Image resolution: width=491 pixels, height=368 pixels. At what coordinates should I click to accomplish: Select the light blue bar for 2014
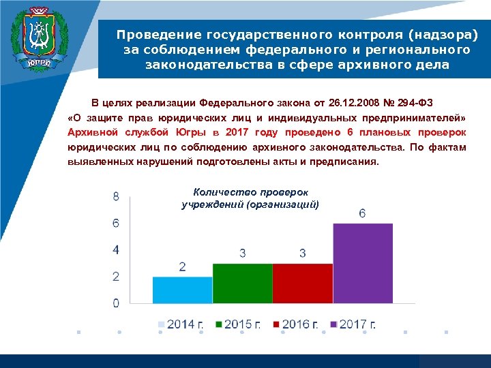(x=182, y=290)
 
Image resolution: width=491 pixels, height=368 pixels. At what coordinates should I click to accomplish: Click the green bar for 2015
(x=242, y=283)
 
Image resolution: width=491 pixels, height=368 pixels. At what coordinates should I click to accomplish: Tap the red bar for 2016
(x=302, y=283)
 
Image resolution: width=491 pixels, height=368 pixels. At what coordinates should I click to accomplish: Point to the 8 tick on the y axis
(x=116, y=196)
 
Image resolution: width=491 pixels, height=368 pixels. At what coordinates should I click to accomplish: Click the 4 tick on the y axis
(x=116, y=249)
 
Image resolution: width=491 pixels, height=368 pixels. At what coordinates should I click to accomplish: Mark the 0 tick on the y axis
(x=116, y=303)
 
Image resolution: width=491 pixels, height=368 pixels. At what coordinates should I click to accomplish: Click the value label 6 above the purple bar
(x=362, y=213)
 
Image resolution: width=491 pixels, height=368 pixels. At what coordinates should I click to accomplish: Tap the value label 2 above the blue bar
(x=182, y=266)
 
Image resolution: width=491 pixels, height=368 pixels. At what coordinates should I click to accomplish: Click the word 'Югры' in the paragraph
(x=192, y=132)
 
